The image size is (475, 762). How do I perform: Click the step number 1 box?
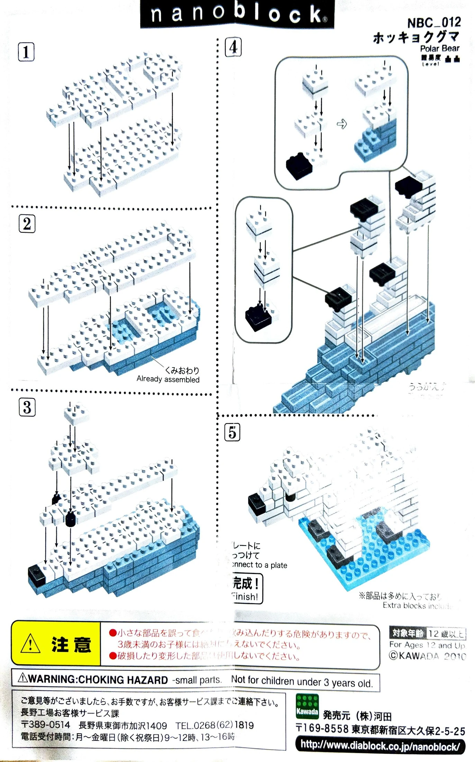[26, 52]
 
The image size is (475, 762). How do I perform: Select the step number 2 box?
[27, 224]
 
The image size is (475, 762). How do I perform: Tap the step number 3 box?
[27, 407]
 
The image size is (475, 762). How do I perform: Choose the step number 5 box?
[232, 432]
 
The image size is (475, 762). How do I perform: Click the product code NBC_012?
[434, 23]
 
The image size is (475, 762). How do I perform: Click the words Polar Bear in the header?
[439, 48]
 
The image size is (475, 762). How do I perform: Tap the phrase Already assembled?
[168, 379]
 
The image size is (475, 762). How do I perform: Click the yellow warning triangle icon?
[30, 644]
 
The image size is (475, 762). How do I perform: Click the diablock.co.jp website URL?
[380, 745]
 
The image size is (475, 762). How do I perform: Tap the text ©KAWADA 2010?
[427, 656]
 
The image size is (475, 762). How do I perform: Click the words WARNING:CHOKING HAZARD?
[98, 680]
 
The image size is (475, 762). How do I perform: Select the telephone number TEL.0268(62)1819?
[214, 725]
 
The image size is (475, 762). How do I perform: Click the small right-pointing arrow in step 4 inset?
[342, 124]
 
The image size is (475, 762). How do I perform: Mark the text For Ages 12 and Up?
[427, 645]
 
